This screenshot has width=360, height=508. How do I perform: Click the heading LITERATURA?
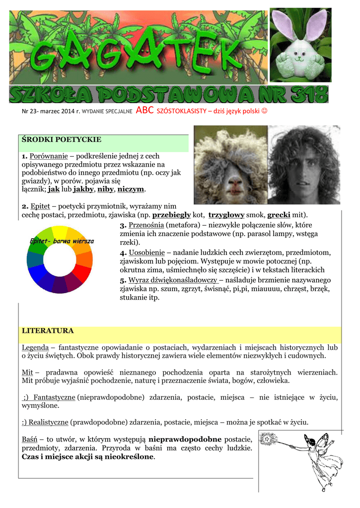click(48, 330)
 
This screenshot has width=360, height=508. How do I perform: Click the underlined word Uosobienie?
click(147, 253)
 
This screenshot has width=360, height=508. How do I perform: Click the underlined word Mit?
click(27, 372)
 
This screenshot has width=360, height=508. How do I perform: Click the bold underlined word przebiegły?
click(175, 215)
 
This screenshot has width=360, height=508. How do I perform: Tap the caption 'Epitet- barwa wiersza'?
click(62, 241)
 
